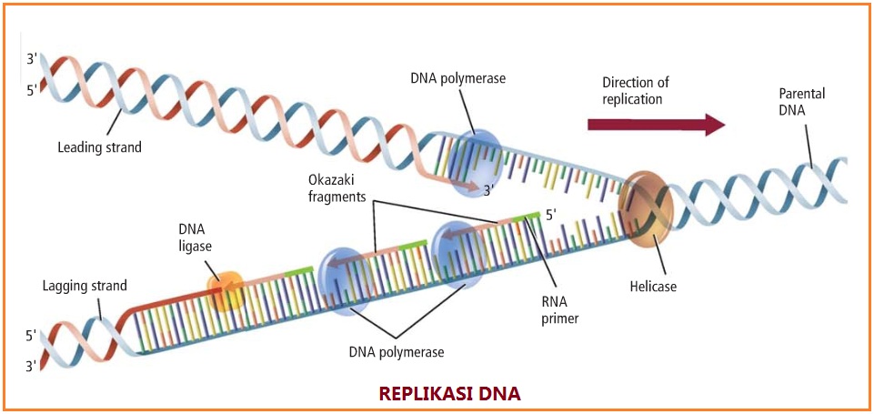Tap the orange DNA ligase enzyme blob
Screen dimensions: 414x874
(225, 289)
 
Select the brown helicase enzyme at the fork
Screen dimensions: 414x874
(644, 209)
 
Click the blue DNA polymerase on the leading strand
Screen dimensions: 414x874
(476, 162)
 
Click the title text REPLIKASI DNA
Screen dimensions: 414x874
(448, 394)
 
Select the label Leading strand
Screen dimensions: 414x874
(99, 146)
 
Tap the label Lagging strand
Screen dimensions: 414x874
(85, 286)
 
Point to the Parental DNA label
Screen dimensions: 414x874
(804, 102)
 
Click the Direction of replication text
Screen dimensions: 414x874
(634, 91)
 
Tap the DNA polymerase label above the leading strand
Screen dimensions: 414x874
(457, 79)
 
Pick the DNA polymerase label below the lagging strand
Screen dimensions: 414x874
(397, 350)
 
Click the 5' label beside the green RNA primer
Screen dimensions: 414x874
(550, 216)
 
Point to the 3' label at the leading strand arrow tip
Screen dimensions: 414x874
(488, 191)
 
